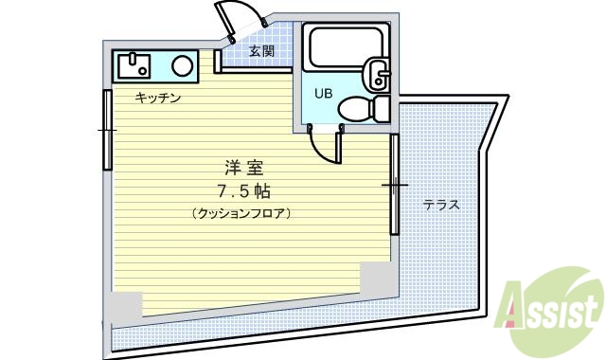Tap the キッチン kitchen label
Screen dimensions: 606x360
[158, 98]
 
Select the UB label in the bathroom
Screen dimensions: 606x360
[323, 92]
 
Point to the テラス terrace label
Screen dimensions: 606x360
[440, 204]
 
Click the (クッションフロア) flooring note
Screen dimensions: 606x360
[241, 213]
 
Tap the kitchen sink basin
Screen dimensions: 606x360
[134, 65]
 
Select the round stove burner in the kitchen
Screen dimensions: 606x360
[184, 65]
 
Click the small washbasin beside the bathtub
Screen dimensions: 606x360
[379, 74]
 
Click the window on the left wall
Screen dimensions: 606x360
[106, 126]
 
